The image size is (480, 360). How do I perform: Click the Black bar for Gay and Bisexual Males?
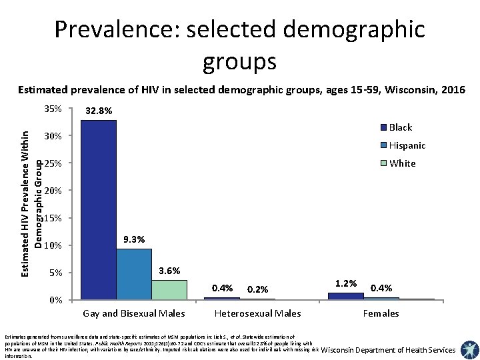point(99,209)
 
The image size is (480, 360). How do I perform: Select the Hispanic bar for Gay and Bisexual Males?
point(134,274)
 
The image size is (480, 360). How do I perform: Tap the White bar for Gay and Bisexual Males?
point(169,289)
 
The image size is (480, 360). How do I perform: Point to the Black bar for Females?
point(346,296)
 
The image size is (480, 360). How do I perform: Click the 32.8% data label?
point(99,111)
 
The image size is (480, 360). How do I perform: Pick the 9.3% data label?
point(134,239)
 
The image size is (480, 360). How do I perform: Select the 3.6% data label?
point(169,271)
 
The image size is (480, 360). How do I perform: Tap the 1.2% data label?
point(346,283)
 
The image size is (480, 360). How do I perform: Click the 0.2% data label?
point(257,289)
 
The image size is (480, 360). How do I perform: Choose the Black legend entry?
point(400,127)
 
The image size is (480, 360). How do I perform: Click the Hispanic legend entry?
point(407,145)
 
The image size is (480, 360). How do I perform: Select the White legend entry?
point(402,163)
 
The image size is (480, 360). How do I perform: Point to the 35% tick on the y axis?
point(52,109)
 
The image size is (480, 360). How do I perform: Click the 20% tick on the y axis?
point(52,191)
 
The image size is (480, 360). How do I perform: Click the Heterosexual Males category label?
point(257,313)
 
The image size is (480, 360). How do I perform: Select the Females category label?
point(381,313)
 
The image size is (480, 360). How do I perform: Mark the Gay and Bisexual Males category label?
point(134,313)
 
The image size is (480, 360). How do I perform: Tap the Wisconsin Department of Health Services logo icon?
point(469,350)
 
